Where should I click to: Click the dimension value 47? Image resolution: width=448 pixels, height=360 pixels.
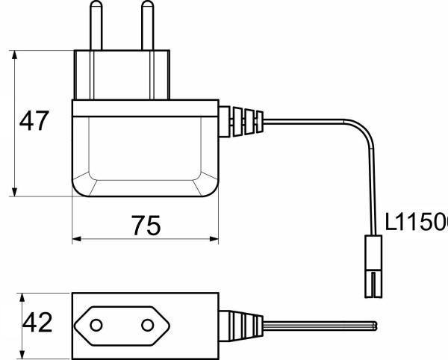coord(34,121)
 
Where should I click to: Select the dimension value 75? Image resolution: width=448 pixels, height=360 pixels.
coord(146,225)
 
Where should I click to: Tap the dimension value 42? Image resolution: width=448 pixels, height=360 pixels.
coord(37,323)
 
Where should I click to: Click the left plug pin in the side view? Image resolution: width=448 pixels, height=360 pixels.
coord(95,26)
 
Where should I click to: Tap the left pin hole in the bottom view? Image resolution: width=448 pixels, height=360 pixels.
coord(97,325)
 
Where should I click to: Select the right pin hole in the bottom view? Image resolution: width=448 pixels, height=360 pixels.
coord(147,325)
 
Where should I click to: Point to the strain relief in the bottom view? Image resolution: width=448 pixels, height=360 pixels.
coord(240,325)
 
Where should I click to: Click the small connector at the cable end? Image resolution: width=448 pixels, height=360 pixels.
coord(374,266)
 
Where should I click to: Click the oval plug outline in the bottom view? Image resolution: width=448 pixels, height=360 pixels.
coord(122,325)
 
